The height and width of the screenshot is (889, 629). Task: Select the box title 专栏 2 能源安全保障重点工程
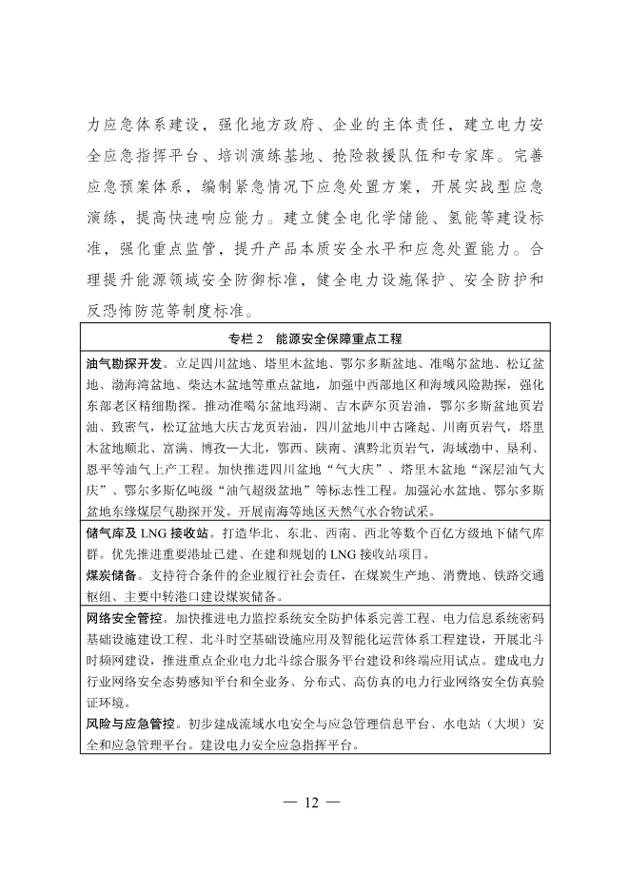pos(315,338)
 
